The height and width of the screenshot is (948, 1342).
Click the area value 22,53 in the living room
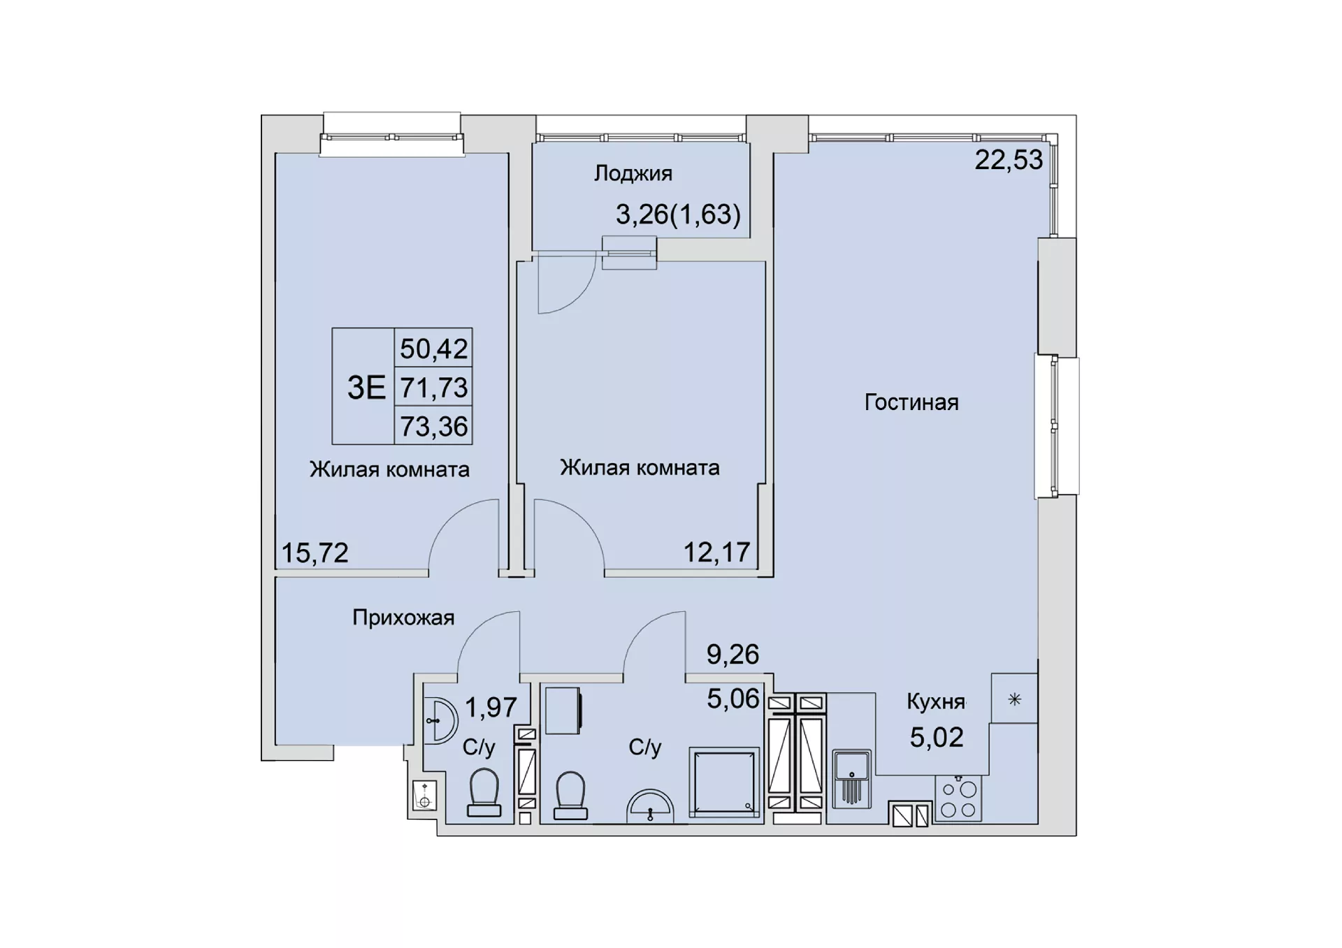tap(1009, 160)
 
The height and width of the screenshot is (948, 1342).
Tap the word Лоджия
tap(633, 173)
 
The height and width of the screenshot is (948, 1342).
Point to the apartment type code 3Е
tap(366, 387)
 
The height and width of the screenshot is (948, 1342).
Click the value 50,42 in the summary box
tap(434, 348)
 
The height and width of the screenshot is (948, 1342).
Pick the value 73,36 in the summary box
tap(434, 426)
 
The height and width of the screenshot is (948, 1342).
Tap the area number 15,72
tap(315, 553)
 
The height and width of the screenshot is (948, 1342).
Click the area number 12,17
tap(716, 553)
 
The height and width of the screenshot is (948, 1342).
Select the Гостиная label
tap(911, 402)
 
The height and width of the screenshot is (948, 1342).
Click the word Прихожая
tap(403, 618)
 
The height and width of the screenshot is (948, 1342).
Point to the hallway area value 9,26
tap(733, 655)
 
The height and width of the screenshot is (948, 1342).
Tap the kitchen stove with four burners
tap(958, 798)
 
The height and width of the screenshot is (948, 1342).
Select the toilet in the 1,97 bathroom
tap(484, 793)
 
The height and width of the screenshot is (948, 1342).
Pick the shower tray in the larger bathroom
tap(724, 782)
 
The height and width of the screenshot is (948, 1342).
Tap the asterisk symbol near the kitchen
tap(1015, 699)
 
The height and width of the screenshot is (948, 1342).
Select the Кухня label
tap(936, 702)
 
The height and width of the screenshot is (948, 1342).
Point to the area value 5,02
tap(937, 737)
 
